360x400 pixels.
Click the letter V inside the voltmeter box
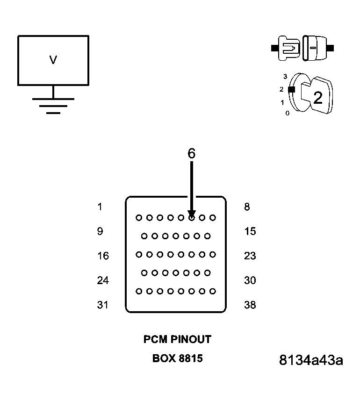click(53, 60)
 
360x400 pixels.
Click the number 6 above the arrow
click(192, 153)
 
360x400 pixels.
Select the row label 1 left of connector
click(100, 207)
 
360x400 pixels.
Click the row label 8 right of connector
click(247, 207)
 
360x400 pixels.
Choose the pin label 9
click(100, 231)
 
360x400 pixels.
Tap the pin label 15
click(250, 231)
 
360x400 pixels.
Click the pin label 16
click(103, 256)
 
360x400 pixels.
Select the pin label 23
click(250, 256)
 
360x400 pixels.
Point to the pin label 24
click(103, 280)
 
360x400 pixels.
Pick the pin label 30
click(250, 280)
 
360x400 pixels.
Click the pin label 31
click(102, 305)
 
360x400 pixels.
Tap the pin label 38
click(250, 305)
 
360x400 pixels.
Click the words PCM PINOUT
click(177, 339)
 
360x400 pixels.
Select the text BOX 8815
click(177, 358)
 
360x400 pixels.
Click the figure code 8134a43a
click(311, 360)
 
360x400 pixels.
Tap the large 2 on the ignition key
click(318, 98)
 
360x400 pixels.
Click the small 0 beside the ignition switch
click(287, 113)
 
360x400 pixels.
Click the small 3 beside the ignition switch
click(285, 76)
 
